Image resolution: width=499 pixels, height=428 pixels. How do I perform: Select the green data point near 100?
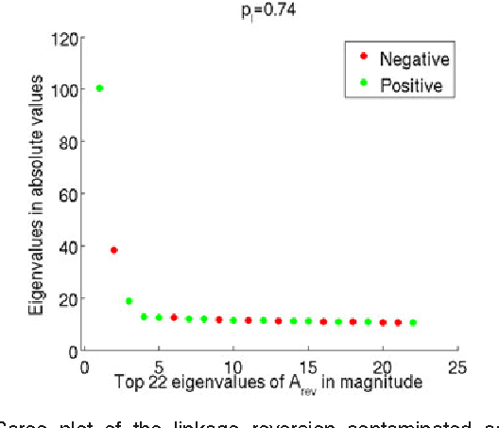(99, 88)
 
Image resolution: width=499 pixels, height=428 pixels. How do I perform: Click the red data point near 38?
(114, 250)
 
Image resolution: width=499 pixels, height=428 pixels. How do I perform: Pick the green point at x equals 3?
(129, 301)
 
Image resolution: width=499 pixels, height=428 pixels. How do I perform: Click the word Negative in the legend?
(413, 60)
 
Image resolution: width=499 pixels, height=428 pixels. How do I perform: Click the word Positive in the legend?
(410, 85)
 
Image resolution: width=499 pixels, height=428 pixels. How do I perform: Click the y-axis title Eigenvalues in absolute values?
(35, 194)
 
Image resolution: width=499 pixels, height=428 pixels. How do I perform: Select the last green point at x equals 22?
(412, 323)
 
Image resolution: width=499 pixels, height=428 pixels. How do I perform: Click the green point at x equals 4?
(145, 317)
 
